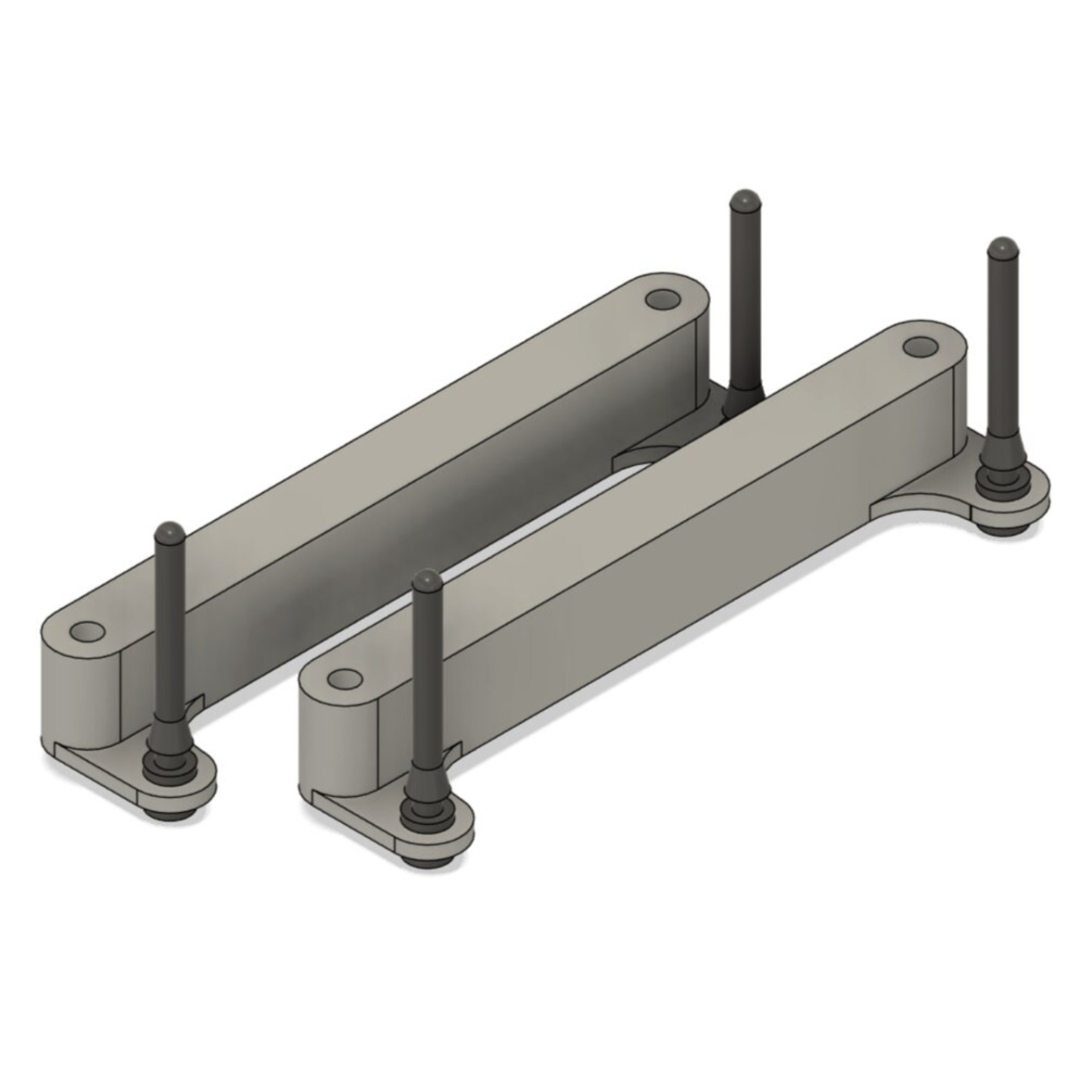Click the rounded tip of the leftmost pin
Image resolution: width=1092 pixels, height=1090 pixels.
[170, 532]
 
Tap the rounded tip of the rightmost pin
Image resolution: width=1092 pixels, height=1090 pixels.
[1001, 248]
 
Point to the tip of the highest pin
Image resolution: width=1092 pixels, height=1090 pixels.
[743, 200]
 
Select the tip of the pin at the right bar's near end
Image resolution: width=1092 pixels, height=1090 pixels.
[426, 580]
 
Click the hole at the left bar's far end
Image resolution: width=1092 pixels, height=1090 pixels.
[663, 300]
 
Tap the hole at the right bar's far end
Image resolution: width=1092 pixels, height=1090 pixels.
[920, 346]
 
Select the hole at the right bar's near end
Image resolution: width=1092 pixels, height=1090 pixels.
[343, 678]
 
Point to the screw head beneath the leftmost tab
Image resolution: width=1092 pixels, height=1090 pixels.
[166, 812]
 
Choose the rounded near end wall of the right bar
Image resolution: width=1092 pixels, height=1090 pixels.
[334, 743]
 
